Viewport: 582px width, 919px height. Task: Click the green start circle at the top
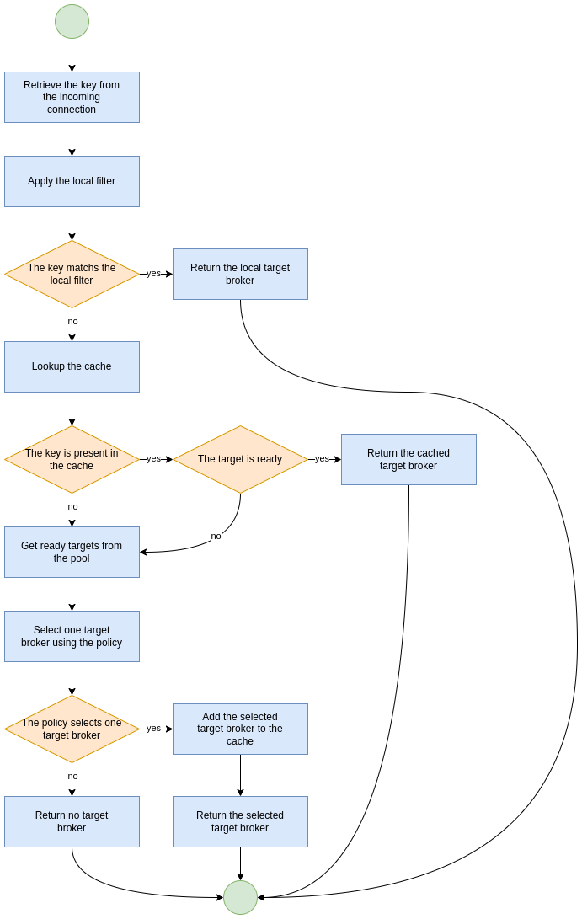(72, 21)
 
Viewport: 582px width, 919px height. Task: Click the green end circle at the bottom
(240, 897)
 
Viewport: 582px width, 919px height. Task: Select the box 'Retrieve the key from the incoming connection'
(72, 97)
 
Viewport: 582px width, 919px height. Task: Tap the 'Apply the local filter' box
(72, 181)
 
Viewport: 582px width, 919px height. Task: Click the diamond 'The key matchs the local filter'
(72, 274)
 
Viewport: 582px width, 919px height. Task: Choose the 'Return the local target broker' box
(240, 274)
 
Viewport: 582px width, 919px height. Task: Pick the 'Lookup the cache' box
(72, 366)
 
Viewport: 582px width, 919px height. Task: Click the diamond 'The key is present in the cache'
(72, 459)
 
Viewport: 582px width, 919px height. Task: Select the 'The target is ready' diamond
(240, 459)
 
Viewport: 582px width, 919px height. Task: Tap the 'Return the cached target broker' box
(408, 459)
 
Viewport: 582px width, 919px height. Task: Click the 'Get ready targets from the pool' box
(72, 552)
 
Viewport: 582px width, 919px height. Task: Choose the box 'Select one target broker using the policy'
(72, 636)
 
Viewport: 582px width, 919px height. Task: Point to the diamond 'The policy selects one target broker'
(72, 729)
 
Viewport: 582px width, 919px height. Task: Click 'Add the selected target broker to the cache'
(240, 729)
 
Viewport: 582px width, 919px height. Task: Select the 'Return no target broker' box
(72, 821)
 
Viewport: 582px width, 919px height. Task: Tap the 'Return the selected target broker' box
(240, 821)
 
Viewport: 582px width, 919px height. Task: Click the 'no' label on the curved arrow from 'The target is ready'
(216, 536)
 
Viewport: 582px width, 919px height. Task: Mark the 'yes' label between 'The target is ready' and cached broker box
(322, 458)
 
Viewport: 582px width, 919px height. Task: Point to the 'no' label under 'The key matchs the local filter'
(72, 321)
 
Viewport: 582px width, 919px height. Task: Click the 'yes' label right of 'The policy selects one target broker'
(153, 728)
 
